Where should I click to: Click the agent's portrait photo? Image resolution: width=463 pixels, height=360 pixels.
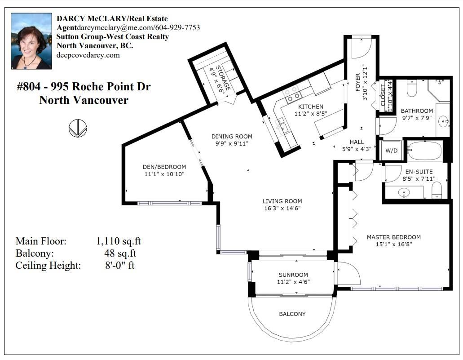pos(31,41)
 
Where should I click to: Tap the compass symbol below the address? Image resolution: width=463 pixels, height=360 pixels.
pos(78,128)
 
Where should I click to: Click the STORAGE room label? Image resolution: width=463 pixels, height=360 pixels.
pos(223,78)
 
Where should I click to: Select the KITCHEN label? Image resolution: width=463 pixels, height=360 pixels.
pos(311,107)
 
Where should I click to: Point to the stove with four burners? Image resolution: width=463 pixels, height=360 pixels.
pos(292,93)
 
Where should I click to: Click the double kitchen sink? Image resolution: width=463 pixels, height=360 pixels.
pos(281,125)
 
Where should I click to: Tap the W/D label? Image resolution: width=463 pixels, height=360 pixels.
pos(391,151)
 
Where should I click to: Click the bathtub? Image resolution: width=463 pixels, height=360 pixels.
pos(425,151)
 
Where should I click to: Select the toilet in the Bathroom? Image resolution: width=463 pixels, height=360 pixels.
pos(412,88)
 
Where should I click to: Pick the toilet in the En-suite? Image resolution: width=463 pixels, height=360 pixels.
pos(437,190)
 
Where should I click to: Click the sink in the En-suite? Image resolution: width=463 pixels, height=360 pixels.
pos(404,193)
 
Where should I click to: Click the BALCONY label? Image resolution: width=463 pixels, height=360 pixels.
pos(292,314)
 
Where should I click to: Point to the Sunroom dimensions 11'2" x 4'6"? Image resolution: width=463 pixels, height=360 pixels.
pos(293,282)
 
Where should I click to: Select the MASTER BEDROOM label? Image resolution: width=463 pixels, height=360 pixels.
pos(393,237)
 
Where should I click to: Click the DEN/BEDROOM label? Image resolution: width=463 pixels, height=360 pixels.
pos(164,167)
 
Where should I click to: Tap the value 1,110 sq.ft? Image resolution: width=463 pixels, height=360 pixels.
pos(118,241)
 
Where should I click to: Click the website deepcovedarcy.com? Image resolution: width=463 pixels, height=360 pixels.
pos(88,55)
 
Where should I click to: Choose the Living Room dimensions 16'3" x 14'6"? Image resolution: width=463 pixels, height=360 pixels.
pos(282,209)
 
